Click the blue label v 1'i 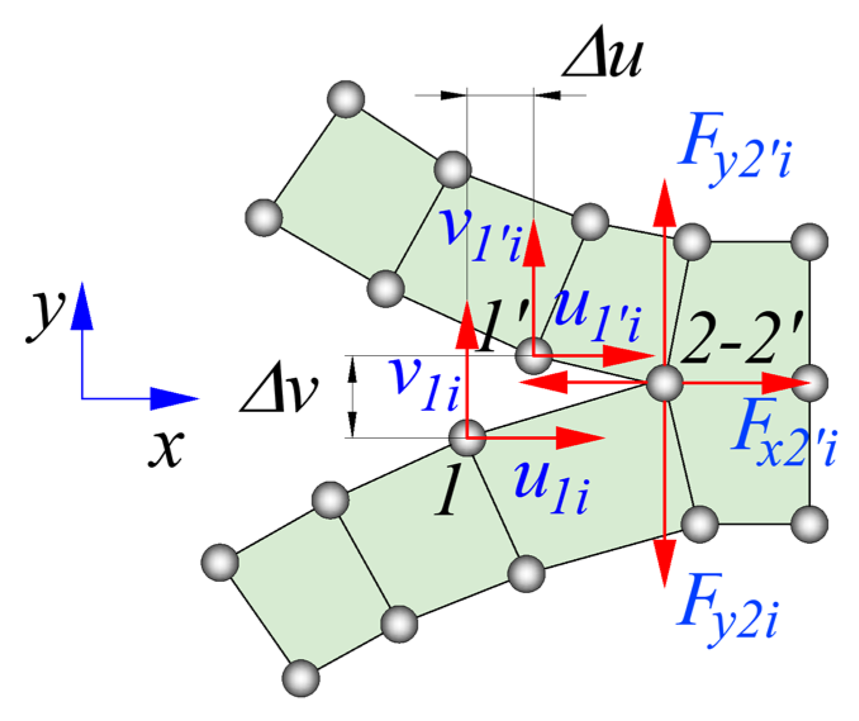click(480, 235)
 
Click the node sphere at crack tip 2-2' click(665, 383)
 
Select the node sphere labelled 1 click(467, 438)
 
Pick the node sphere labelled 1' click(534, 356)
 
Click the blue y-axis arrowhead click(82, 305)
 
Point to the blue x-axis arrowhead click(175, 398)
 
